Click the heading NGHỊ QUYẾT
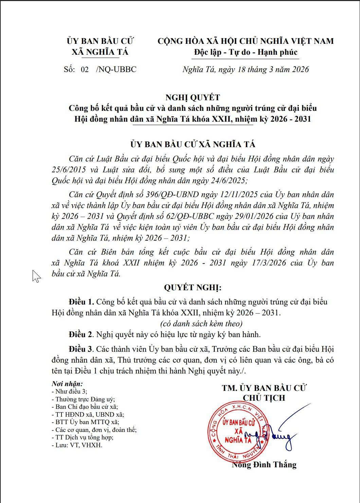click(x=193, y=98)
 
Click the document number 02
click(x=85, y=70)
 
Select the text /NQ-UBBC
click(x=116, y=70)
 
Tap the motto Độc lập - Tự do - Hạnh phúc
click(x=246, y=52)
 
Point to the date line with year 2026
click(x=246, y=70)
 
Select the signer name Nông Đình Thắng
click(x=264, y=465)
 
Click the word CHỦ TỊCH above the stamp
click(x=264, y=398)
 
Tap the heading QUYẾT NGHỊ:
click(x=193, y=288)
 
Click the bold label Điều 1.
click(x=81, y=302)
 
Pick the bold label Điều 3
click(x=81, y=349)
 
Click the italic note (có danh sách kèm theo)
click(x=201, y=324)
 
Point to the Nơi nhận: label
click(x=67, y=384)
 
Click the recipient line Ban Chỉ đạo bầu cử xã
click(x=86, y=407)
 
